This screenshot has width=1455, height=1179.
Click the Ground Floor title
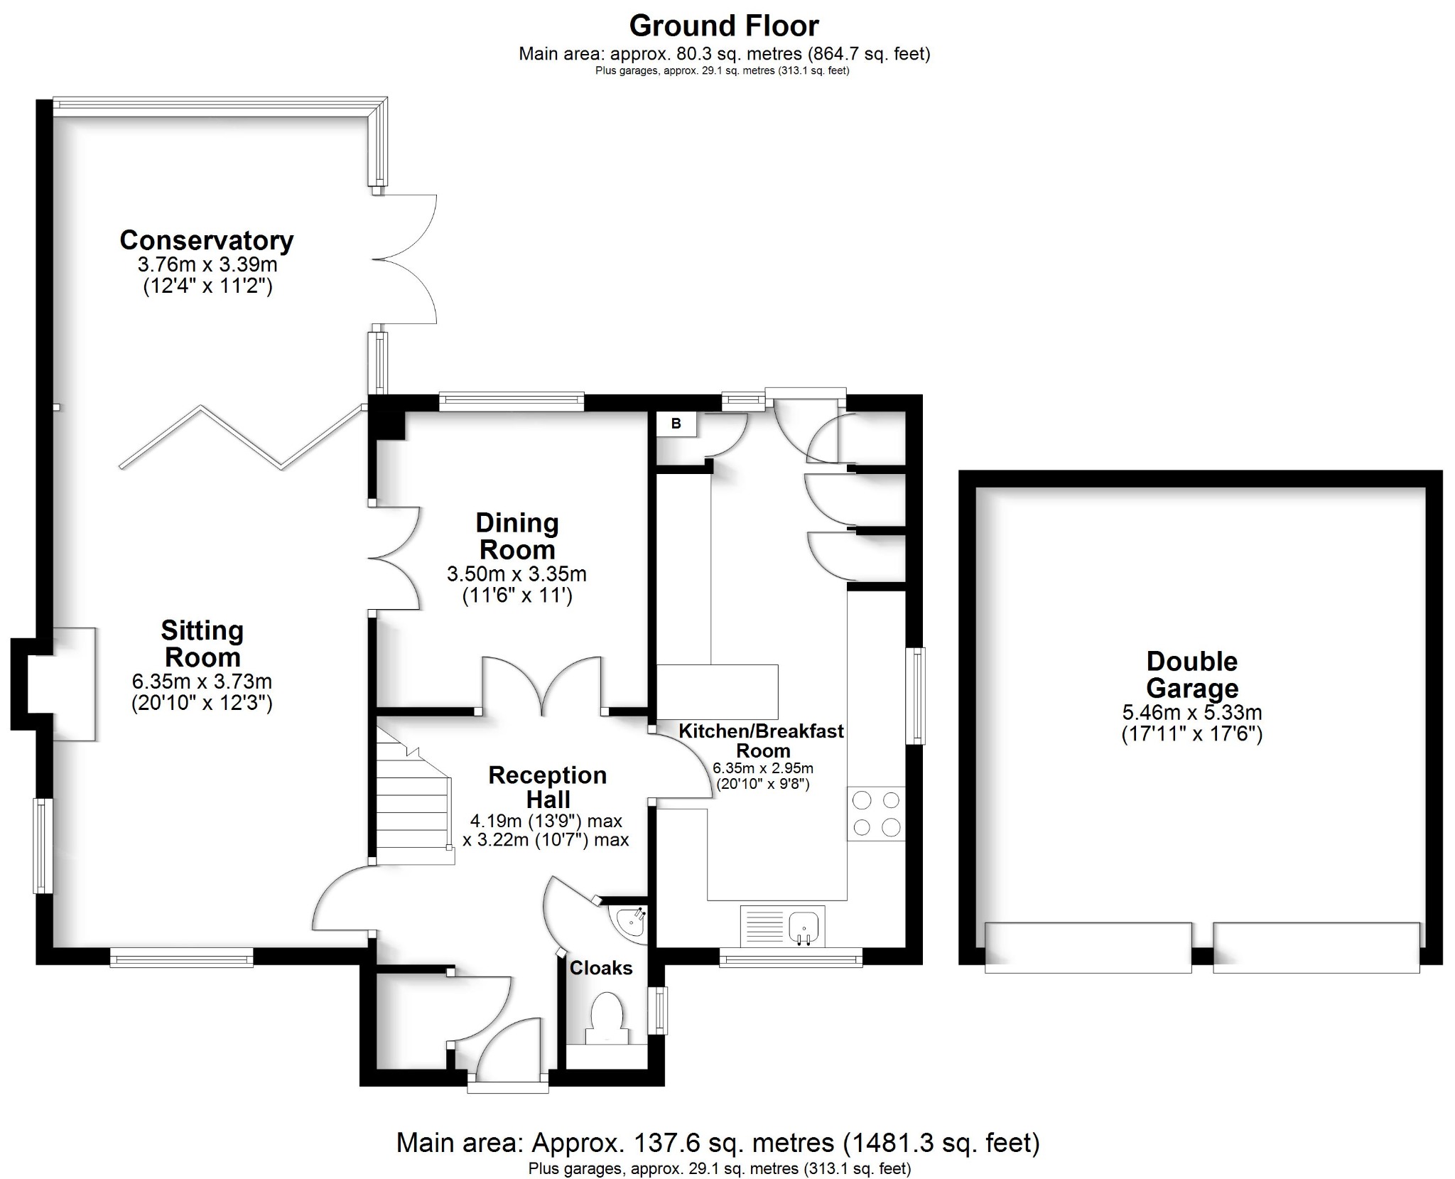723,26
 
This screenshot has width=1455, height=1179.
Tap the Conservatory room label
206,240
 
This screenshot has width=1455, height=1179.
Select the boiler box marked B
676,424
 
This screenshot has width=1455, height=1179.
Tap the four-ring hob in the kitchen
876,814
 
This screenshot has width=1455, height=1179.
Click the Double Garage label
1191,674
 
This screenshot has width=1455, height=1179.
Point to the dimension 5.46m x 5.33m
1191,712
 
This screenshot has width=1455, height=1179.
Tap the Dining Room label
516,536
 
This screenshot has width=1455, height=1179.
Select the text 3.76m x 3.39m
207,265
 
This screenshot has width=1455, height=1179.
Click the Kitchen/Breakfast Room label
762,740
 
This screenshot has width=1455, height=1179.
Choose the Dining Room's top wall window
511,402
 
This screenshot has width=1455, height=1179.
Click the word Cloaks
600,968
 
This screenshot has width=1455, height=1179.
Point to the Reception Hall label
547,787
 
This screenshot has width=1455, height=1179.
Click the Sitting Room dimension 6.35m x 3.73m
202,682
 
